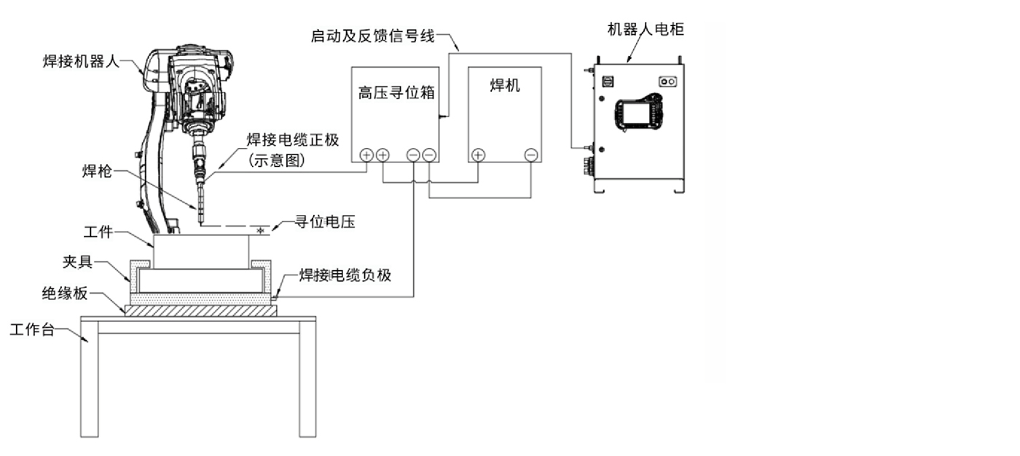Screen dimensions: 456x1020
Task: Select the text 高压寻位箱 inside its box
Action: pos(393,93)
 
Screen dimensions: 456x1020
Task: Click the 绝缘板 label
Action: pos(65,294)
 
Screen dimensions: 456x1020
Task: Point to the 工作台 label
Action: pos(32,329)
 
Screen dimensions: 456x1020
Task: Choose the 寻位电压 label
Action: pos(324,222)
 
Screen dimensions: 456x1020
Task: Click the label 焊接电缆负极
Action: pos(345,275)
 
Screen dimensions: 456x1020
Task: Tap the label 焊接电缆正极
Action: pos(293,140)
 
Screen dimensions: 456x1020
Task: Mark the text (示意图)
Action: pos(274,160)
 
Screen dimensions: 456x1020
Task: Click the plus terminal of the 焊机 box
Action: pos(478,154)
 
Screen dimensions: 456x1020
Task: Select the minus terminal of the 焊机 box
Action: pos(531,154)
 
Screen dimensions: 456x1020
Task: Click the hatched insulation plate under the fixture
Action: pos(200,310)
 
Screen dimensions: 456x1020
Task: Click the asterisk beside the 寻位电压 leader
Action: pos(260,231)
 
